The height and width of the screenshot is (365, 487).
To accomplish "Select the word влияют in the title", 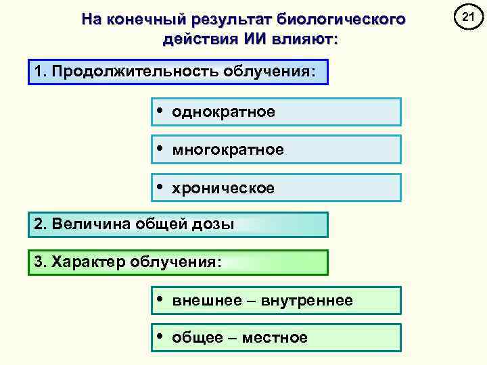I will (304, 39).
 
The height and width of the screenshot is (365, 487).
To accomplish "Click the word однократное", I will (223, 112).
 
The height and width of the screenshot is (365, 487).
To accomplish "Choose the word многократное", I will (228, 149).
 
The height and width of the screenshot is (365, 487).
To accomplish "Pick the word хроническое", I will (223, 188).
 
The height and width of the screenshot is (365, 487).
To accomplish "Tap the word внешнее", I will (200, 300).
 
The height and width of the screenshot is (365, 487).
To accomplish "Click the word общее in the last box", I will (193, 338).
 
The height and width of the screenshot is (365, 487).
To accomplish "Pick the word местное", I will (274, 338).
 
